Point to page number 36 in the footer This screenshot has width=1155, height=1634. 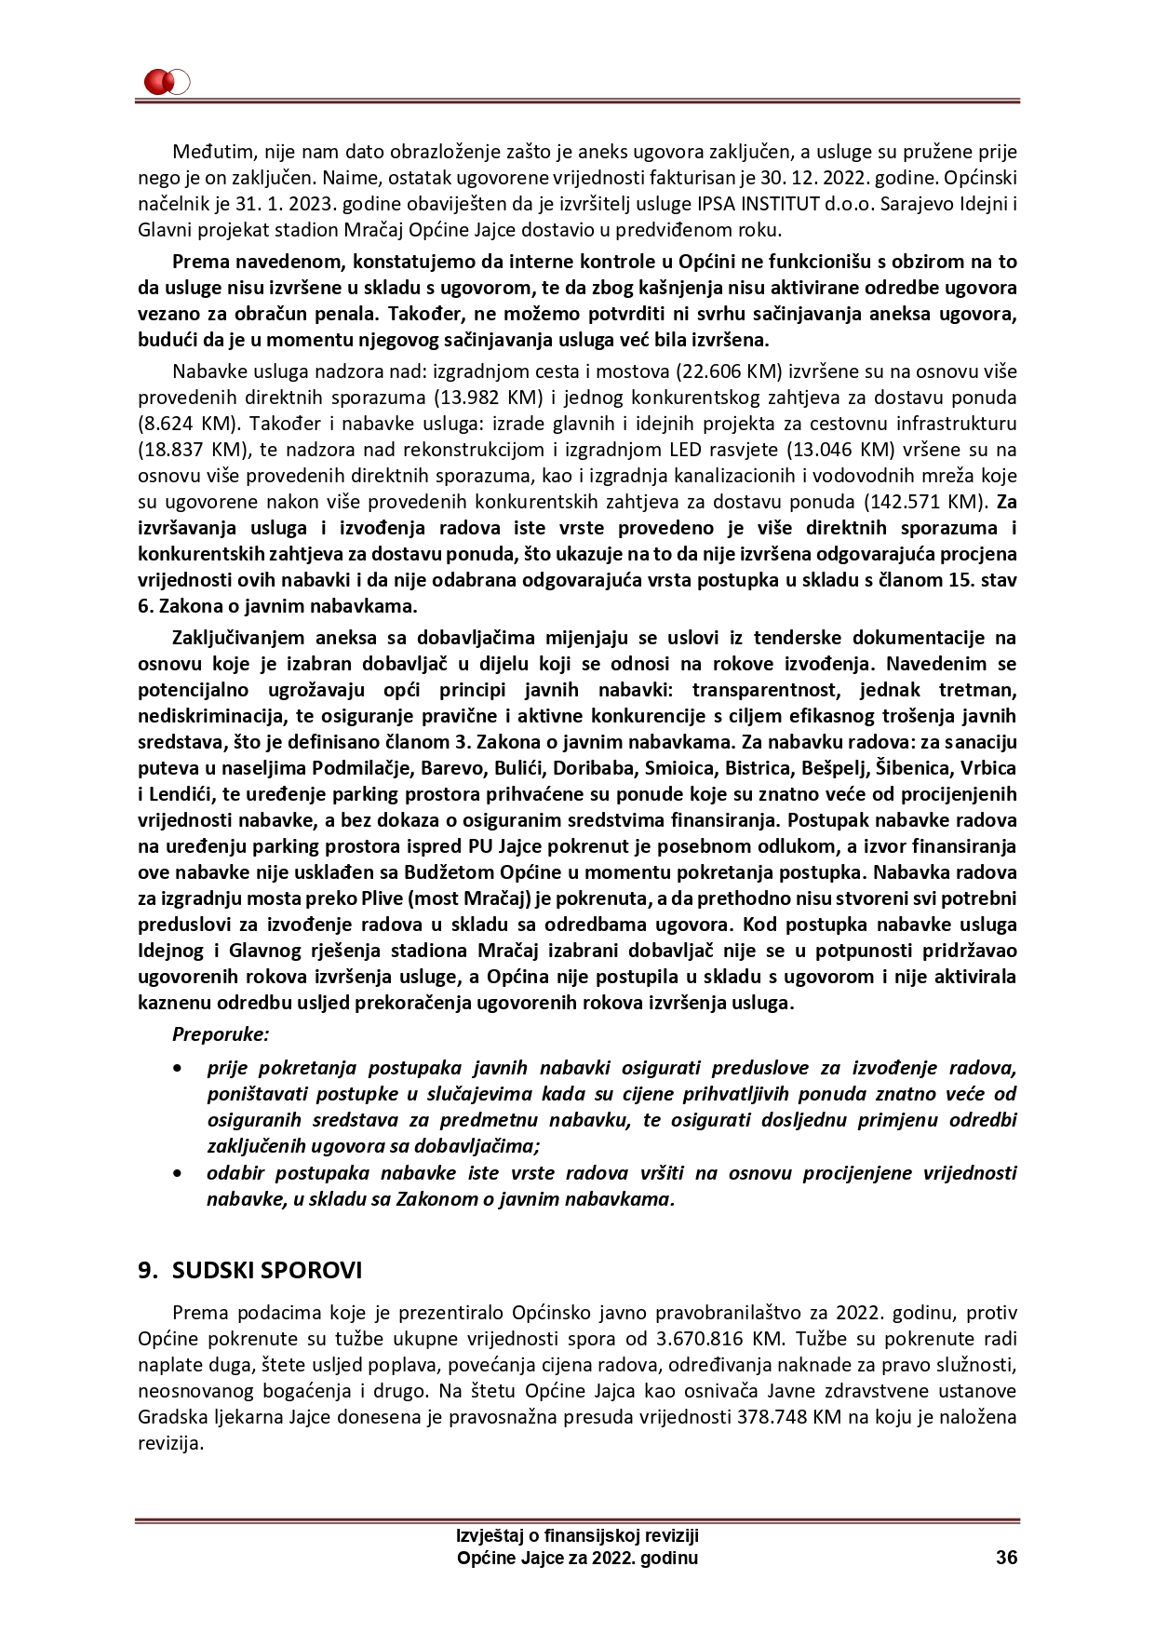(1006, 1558)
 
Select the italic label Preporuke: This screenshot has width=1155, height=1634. (221, 1033)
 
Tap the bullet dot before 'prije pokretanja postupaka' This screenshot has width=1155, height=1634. (178, 1068)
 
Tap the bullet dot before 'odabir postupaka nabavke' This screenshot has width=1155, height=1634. (178, 1173)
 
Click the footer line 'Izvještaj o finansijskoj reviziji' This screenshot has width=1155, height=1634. (577, 1535)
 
